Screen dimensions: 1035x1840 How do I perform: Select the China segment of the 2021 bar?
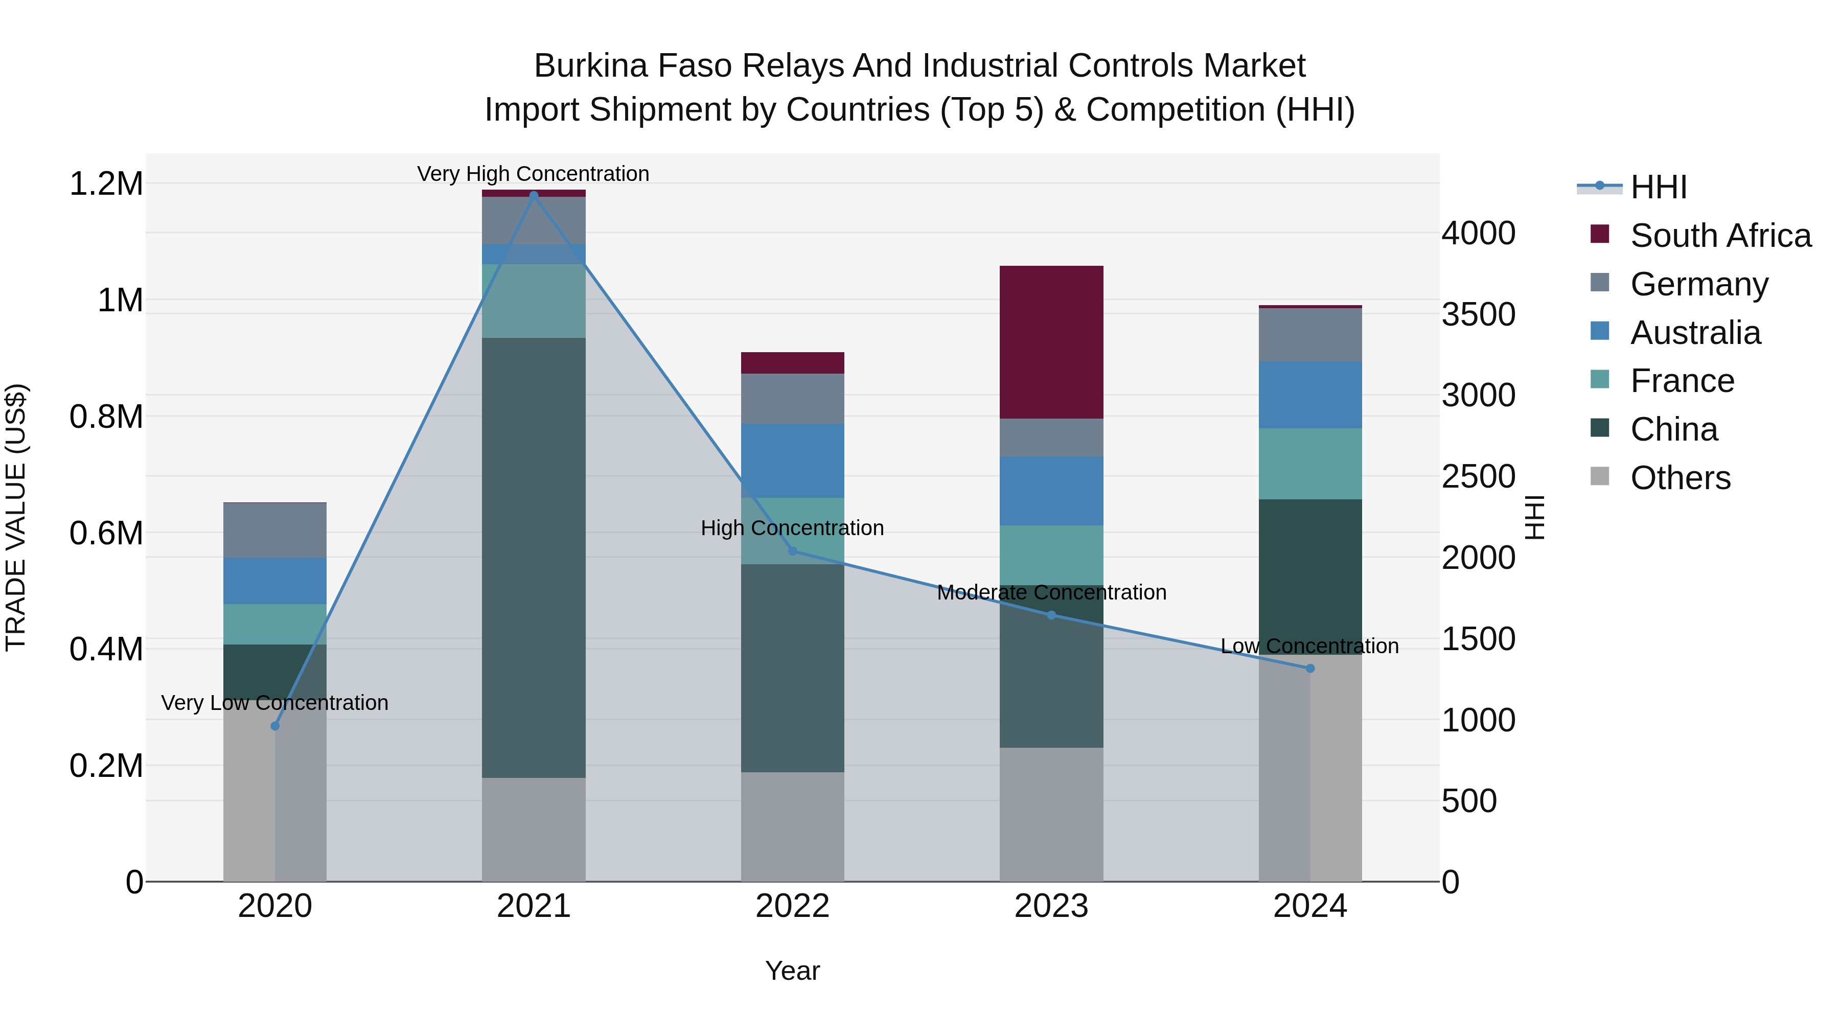coord(534,557)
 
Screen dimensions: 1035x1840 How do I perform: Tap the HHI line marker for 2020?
coord(275,726)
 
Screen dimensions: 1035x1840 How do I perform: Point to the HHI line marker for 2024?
coord(1310,669)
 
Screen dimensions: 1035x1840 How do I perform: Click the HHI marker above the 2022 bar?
coord(792,550)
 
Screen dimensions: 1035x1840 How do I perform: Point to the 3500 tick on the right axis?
coord(1478,314)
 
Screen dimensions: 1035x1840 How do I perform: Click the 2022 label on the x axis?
coord(792,906)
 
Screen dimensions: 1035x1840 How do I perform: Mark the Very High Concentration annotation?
coord(533,174)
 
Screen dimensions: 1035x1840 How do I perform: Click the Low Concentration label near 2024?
coord(1309,646)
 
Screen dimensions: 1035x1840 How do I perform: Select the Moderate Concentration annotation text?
coord(1051,592)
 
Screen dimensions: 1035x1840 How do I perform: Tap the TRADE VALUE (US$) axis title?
coord(16,517)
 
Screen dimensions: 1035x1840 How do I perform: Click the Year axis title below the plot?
coord(792,971)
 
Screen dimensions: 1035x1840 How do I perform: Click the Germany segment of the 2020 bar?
coord(275,530)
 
